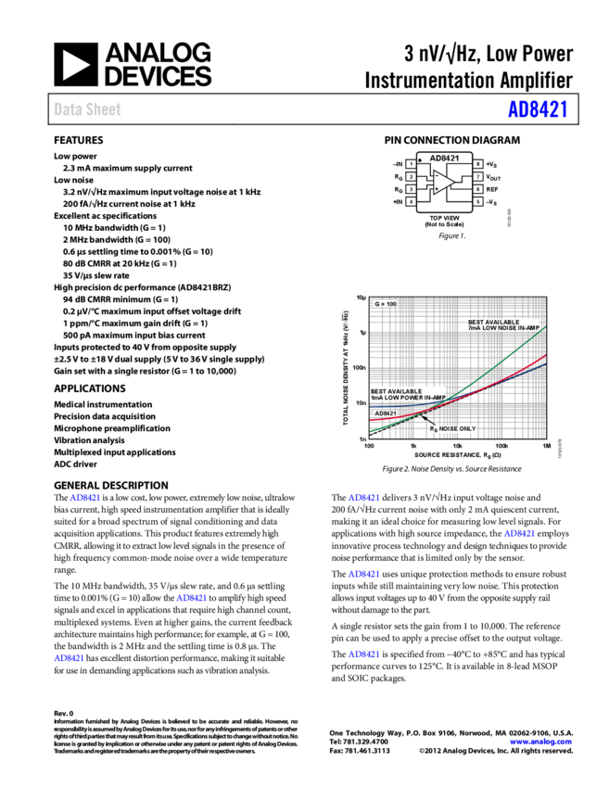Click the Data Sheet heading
point(87,109)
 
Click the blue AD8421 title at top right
point(538,109)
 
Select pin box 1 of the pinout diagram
point(411,164)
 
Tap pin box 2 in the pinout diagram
point(411,176)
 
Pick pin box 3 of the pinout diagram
point(411,189)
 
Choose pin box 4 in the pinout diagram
point(411,201)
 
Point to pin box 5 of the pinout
point(478,201)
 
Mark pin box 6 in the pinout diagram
point(478,189)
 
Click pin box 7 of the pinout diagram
point(478,176)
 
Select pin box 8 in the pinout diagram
point(478,164)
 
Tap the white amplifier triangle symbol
point(443,183)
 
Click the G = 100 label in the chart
point(386,304)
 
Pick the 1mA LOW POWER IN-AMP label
point(408,395)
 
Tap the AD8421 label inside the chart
point(386,413)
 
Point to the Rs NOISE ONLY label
point(452,429)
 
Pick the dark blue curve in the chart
point(389,405)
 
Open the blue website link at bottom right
point(540,742)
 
